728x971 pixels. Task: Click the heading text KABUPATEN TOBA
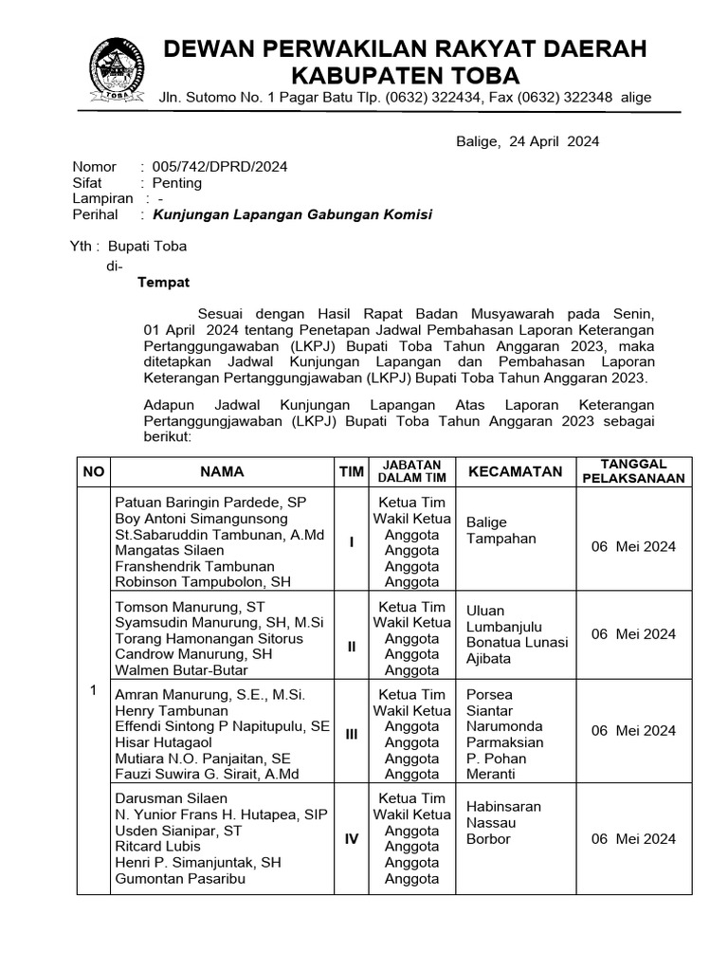click(x=404, y=75)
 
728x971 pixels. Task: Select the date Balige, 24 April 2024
click(x=527, y=142)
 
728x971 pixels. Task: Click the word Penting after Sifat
click(x=177, y=183)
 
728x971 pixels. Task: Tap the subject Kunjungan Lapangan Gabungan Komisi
click(x=293, y=215)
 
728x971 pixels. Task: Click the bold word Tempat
click(x=164, y=283)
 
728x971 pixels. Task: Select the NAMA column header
click(x=222, y=471)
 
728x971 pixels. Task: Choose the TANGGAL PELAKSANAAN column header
click(x=633, y=471)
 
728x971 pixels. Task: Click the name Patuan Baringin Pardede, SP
click(x=210, y=503)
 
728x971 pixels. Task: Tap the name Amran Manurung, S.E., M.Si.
click(x=209, y=695)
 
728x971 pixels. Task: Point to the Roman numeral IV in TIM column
click(x=351, y=839)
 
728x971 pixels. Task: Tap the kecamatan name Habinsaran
click(x=504, y=806)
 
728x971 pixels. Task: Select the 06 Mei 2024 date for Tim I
click(x=633, y=546)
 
